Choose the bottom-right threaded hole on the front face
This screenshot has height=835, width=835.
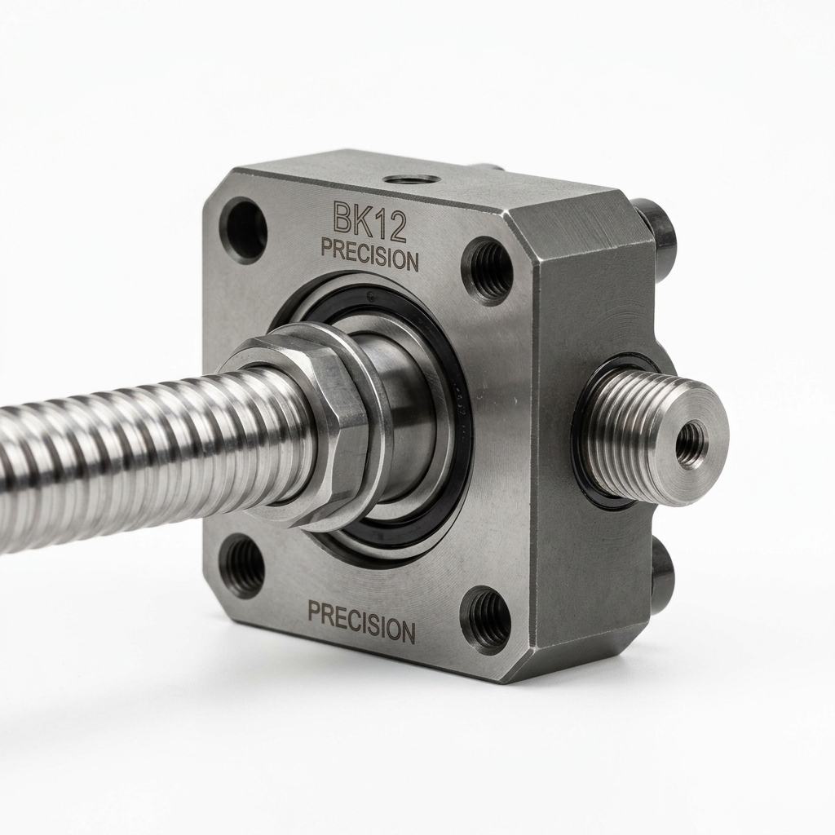coord(485,621)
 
